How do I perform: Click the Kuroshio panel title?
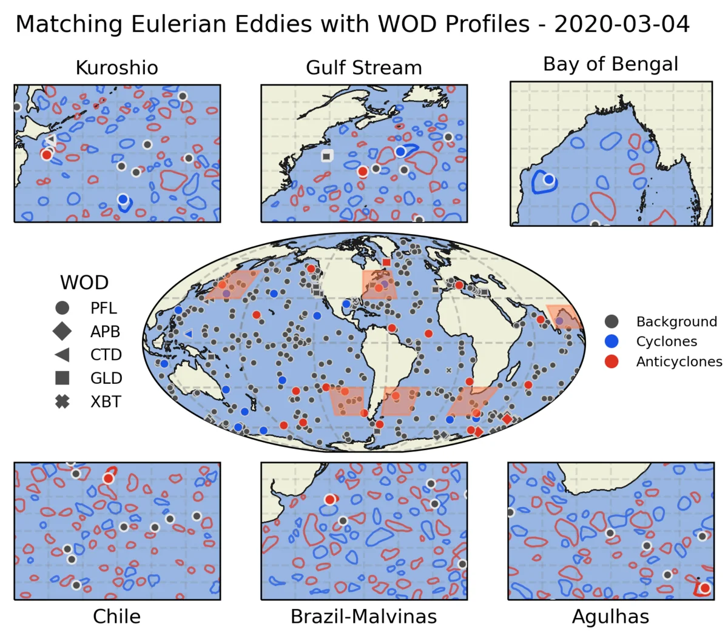pyautogui.click(x=116, y=67)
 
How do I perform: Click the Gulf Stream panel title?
pyautogui.click(x=363, y=67)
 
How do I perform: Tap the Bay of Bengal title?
pyautogui.click(x=610, y=64)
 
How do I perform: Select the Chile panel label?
pyautogui.click(x=116, y=616)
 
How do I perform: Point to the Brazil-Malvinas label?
pyautogui.click(x=363, y=616)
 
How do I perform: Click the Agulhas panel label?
pyautogui.click(x=610, y=616)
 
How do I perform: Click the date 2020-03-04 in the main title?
pyautogui.click(x=622, y=24)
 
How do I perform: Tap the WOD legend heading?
pyautogui.click(x=84, y=283)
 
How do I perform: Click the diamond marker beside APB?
pyautogui.click(x=62, y=331)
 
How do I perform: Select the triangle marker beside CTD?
pyautogui.click(x=62, y=355)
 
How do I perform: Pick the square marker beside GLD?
pyautogui.click(x=62, y=378)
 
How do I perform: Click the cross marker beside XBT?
pyautogui.click(x=62, y=401)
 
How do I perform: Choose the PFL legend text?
pyautogui.click(x=104, y=308)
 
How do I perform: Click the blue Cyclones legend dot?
pyautogui.click(x=612, y=341)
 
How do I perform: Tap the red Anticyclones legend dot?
pyautogui.click(x=612, y=361)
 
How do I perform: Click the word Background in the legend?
pyautogui.click(x=676, y=321)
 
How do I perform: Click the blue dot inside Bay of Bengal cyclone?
pyautogui.click(x=549, y=180)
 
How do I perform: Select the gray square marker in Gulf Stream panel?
pyautogui.click(x=327, y=156)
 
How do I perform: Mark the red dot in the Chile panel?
pyautogui.click(x=108, y=478)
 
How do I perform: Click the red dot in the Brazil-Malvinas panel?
pyautogui.click(x=329, y=500)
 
